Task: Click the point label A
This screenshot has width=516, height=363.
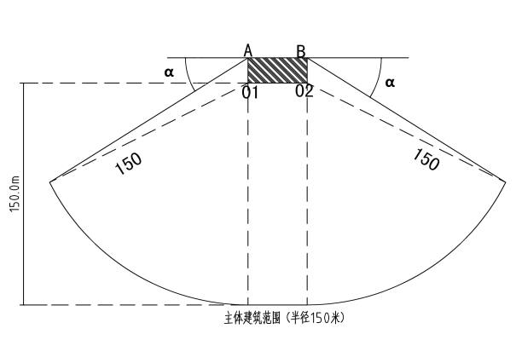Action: (248, 51)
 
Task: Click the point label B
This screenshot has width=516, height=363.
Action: (301, 52)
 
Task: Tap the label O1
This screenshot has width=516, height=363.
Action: (251, 92)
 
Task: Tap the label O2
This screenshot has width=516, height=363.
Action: (304, 90)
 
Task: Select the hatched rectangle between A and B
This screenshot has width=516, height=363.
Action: (277, 70)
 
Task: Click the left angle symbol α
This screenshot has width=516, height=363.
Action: (169, 72)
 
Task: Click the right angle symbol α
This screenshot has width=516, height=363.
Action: (390, 83)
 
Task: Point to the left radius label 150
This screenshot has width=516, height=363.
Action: (129, 163)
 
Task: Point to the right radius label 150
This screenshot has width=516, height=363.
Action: (426, 159)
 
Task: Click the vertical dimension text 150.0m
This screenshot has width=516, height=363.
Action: (15, 194)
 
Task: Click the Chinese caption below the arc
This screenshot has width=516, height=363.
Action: (284, 318)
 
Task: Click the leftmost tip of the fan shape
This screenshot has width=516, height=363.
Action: (50, 182)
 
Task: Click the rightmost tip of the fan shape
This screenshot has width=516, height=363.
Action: (506, 181)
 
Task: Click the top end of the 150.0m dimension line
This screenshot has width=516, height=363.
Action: (23, 84)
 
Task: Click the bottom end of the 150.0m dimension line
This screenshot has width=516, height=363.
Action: (23, 305)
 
